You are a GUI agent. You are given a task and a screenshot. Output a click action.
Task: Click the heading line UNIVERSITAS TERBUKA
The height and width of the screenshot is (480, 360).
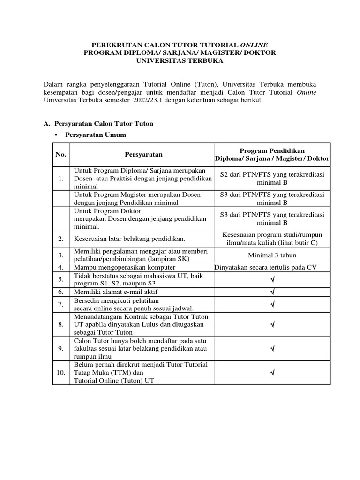click(x=180, y=60)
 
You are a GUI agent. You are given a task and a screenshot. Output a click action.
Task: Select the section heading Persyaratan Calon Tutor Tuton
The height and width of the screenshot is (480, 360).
click(x=104, y=124)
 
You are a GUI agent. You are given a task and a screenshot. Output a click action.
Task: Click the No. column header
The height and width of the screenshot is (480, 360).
click(x=61, y=154)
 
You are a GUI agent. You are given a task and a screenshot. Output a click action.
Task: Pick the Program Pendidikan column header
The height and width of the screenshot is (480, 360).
click(x=272, y=155)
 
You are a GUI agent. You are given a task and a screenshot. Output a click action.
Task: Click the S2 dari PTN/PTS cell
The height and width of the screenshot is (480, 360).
click(x=272, y=178)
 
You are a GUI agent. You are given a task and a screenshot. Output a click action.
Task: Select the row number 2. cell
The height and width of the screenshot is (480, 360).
click(x=61, y=239)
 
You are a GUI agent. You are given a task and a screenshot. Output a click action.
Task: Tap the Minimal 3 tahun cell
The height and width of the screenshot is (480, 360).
click(x=272, y=255)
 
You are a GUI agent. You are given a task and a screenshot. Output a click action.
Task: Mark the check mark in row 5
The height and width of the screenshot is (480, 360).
click(x=272, y=280)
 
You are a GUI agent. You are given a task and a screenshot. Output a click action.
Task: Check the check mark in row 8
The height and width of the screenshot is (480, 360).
click(x=272, y=324)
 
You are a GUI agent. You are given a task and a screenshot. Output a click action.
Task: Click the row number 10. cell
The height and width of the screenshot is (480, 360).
click(x=61, y=373)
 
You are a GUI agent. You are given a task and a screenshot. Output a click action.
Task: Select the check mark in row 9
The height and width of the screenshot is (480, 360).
click(x=272, y=349)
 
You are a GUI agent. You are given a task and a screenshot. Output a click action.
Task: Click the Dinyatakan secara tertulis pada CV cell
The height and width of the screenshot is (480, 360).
click(x=272, y=268)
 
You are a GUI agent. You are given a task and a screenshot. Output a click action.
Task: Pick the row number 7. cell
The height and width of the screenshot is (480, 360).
click(x=61, y=304)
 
